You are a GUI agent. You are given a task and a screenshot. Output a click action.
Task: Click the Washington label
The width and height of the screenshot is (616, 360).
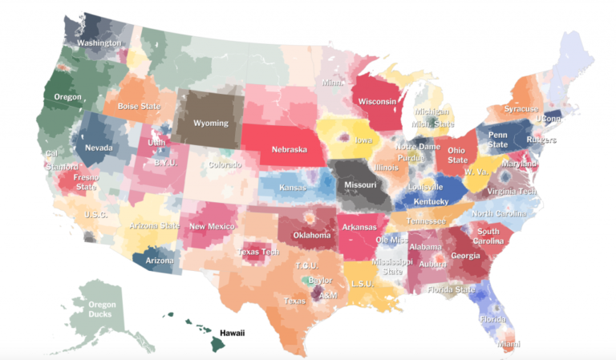[x=99, y=42]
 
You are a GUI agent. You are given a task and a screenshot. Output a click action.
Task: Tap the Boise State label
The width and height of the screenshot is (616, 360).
[x=138, y=106]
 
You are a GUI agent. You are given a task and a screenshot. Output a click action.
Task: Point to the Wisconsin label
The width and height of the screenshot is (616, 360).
[x=377, y=102]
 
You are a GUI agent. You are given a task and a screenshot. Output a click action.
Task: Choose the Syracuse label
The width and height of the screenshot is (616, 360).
[x=521, y=108]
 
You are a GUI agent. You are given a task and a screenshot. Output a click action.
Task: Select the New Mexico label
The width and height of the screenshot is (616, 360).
[x=211, y=226]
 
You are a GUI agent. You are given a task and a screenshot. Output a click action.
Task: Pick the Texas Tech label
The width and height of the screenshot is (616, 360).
[x=257, y=252]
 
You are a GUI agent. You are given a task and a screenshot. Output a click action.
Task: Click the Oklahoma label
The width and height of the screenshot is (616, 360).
[x=311, y=236]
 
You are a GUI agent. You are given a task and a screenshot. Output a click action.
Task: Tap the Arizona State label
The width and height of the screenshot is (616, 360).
[x=156, y=226]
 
